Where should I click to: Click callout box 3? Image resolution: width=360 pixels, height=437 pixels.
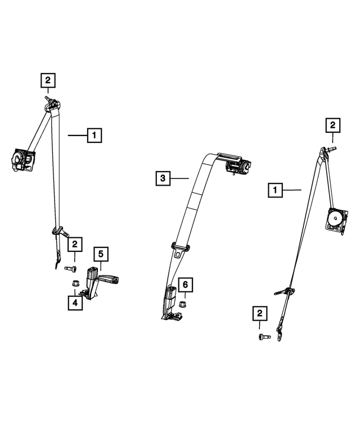click(x=162, y=179)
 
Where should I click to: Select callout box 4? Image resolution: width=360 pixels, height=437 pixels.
click(x=74, y=303)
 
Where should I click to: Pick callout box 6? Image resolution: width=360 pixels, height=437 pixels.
click(x=184, y=285)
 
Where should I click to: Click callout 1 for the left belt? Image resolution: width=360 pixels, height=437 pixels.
click(x=94, y=135)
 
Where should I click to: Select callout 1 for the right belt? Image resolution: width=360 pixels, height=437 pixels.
click(x=275, y=191)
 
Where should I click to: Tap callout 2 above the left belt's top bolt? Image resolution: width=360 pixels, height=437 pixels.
click(x=48, y=80)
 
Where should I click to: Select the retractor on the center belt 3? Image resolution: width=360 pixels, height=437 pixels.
click(x=237, y=166)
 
